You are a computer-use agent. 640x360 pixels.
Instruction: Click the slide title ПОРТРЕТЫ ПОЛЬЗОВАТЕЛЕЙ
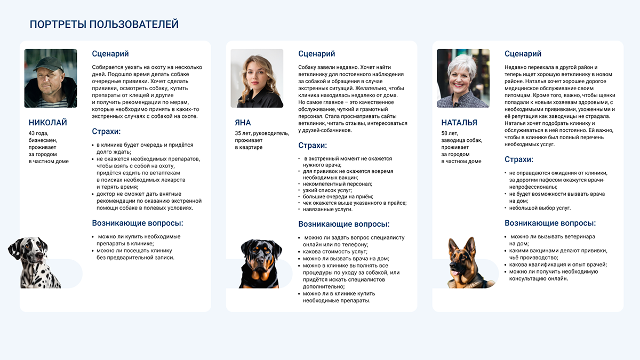click(104, 25)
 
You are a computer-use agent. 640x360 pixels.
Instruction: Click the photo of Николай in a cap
click(51, 78)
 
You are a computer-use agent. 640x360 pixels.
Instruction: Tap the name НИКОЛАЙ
click(47, 123)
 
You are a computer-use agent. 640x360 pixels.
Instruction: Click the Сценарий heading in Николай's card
click(110, 54)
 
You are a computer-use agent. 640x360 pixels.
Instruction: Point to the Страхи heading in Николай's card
click(106, 132)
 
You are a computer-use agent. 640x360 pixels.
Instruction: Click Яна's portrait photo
click(257, 78)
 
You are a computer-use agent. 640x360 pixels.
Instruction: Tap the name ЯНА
click(243, 123)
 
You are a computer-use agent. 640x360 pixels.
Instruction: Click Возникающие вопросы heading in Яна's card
click(343, 224)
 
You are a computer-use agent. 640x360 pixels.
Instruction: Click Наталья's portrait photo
click(463, 78)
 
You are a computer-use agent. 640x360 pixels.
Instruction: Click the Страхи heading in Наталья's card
click(518, 159)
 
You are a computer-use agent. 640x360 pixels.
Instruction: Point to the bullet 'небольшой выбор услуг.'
click(540, 208)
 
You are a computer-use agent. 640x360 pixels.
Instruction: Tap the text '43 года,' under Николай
click(39, 133)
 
